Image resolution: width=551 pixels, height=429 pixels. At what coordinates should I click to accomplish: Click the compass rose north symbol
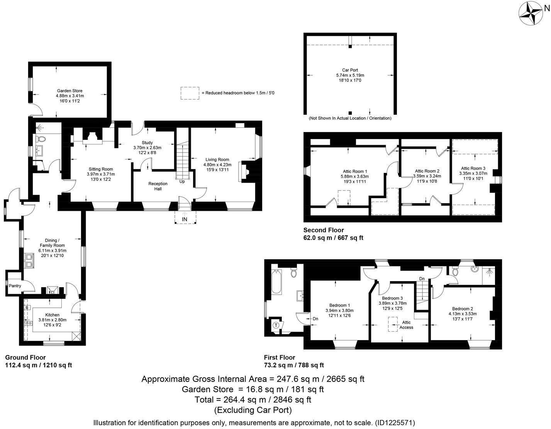click(530, 14)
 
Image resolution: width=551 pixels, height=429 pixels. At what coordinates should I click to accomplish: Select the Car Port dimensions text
click(350, 78)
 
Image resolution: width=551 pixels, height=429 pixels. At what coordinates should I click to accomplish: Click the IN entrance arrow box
click(185, 219)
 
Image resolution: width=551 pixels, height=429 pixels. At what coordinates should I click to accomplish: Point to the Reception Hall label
click(158, 186)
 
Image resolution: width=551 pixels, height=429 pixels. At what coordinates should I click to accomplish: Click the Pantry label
click(15, 286)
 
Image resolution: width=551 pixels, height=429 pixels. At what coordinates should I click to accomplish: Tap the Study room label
click(147, 142)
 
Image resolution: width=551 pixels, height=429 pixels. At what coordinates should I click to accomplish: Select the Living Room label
click(217, 159)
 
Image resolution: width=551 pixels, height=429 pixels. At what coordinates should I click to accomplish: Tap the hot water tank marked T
click(276, 325)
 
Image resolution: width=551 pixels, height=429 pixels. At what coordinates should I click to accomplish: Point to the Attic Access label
click(406, 325)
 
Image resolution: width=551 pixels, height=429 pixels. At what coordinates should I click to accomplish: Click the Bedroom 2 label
click(463, 309)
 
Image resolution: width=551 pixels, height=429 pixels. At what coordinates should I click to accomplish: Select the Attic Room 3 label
click(473, 168)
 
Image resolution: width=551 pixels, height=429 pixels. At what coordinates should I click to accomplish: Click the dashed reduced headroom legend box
click(190, 93)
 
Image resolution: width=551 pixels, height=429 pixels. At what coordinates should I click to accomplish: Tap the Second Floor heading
click(324, 230)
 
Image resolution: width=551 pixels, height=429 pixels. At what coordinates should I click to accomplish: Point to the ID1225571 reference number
click(395, 423)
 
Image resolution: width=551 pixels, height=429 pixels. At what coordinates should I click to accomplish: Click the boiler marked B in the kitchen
click(27, 308)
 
